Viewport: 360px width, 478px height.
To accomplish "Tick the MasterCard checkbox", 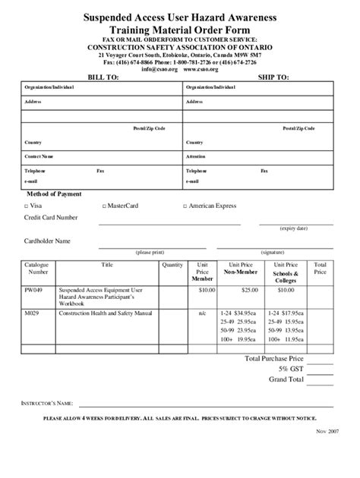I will click(103, 206).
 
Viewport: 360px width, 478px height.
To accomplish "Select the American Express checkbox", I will click(185, 206).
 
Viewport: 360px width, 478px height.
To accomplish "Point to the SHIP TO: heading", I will click(273, 77).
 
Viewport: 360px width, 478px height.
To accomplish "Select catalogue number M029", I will click(31, 312).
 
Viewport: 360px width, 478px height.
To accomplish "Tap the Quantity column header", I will click(172, 265).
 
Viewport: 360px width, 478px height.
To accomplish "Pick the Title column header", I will click(106, 265).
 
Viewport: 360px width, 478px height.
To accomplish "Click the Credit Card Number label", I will click(51, 218).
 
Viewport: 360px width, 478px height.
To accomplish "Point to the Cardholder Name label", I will click(47, 241).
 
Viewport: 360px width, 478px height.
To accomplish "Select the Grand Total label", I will click(286, 379).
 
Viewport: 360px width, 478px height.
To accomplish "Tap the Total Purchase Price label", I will click(275, 357).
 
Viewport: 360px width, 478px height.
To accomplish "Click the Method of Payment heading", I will click(54, 194).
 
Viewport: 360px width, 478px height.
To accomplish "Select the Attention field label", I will click(196, 156).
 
